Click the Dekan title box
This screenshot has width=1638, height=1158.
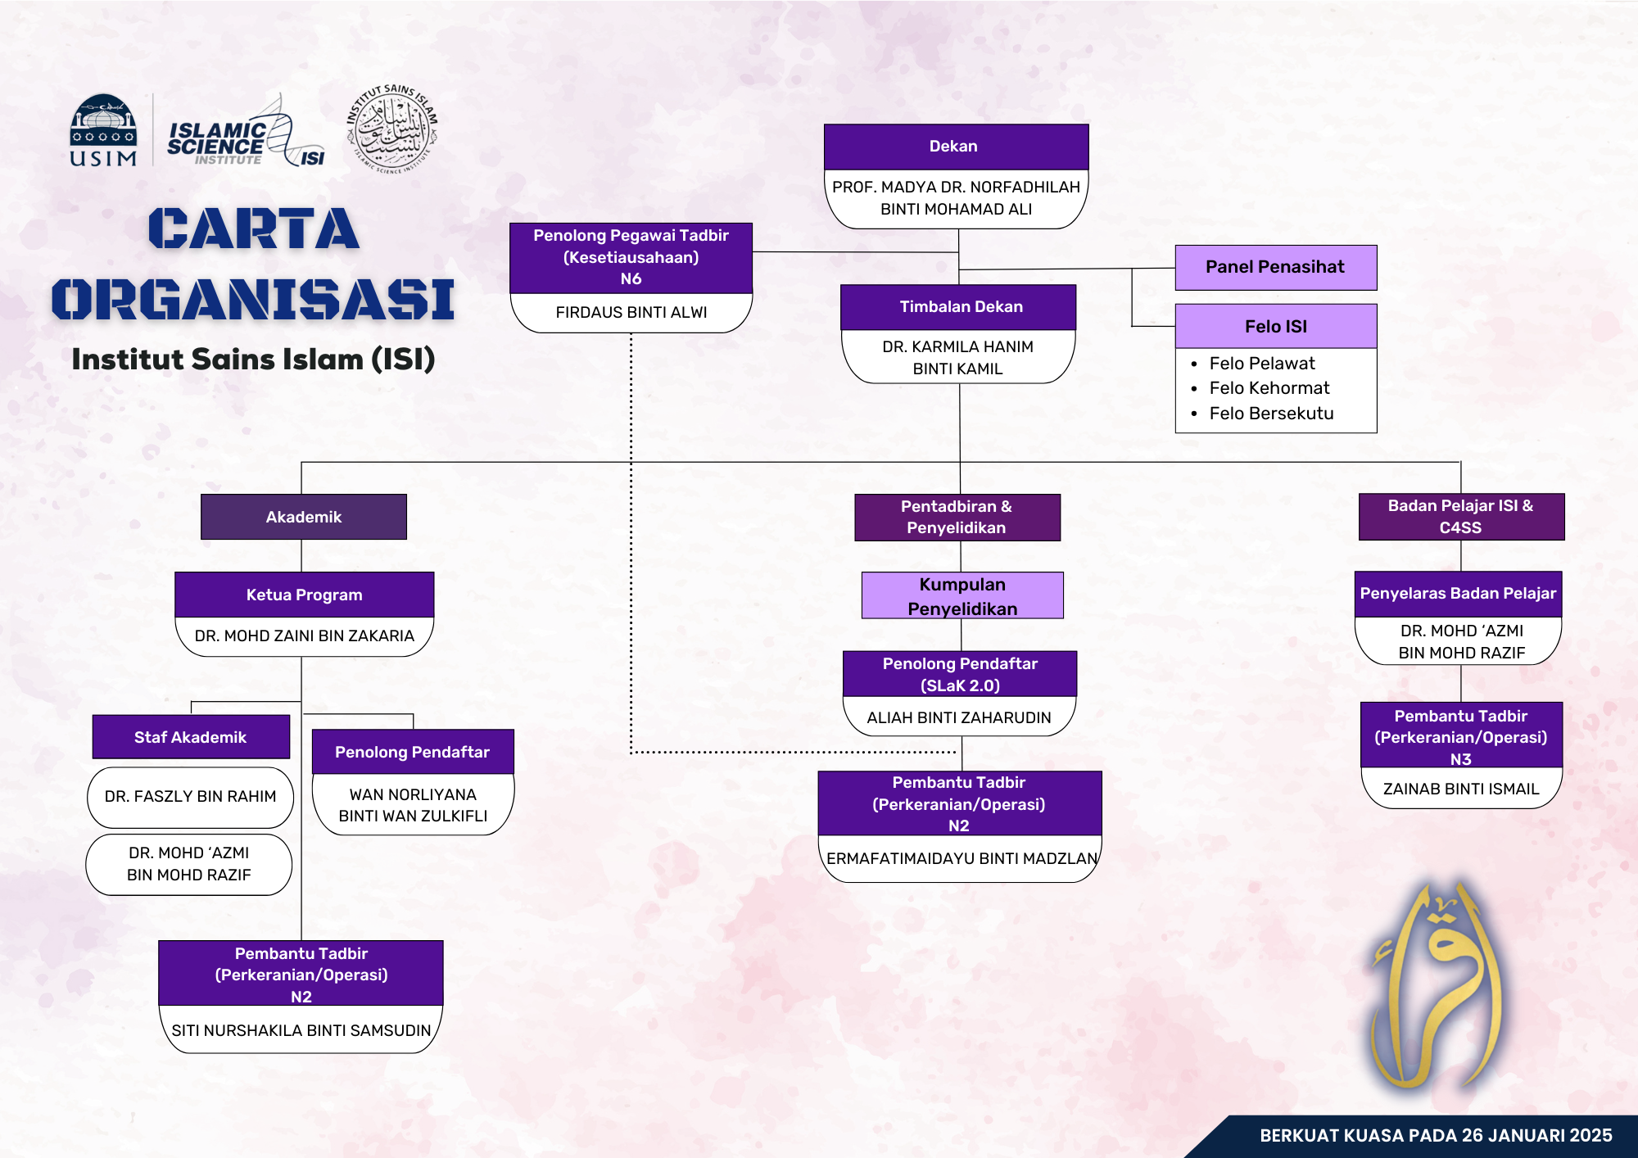[x=956, y=147]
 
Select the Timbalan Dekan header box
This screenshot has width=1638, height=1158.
[x=958, y=307]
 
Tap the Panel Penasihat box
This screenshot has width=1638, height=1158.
[x=1276, y=267]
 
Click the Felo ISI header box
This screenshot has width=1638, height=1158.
[x=1276, y=326]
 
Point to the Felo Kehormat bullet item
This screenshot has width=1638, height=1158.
[x=1269, y=388]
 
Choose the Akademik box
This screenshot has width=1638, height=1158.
[x=304, y=517]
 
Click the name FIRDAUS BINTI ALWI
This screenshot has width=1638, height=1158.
[x=631, y=312]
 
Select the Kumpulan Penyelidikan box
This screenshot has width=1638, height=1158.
[x=962, y=595]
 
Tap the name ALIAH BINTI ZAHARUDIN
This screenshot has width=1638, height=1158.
[x=959, y=717]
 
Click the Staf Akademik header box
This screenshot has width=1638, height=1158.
[x=191, y=737]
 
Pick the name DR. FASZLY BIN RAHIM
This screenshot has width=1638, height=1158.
[x=190, y=796]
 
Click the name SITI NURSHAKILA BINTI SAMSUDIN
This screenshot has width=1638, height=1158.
[x=301, y=1030]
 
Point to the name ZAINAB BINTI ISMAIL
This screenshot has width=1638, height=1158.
[x=1461, y=789]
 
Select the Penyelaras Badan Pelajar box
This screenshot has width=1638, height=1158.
[x=1458, y=594]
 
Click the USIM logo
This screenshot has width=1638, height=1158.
[x=103, y=130]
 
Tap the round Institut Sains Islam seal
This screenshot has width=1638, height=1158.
[x=392, y=129]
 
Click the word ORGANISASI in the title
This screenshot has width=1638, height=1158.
[x=253, y=299]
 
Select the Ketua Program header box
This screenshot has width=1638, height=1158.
[x=304, y=595]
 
